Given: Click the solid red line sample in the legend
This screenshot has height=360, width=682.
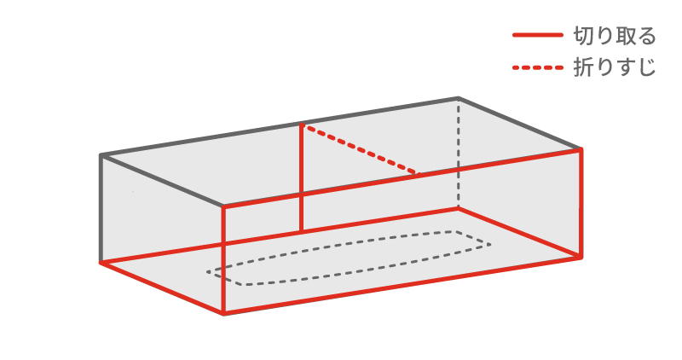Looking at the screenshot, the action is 538,35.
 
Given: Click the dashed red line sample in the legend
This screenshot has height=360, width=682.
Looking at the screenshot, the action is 538,67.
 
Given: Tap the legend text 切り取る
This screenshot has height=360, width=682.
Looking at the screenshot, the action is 615,36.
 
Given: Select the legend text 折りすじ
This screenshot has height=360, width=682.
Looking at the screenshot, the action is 615,67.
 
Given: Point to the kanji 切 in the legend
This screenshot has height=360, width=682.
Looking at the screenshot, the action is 583,36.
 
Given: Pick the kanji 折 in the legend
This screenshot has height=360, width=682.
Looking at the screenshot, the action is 583,67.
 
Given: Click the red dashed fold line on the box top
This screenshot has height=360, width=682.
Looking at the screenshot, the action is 360,149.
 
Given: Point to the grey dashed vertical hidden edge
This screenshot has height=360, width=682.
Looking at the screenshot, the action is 458,153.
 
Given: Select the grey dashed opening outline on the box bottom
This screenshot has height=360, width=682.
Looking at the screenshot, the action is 349,258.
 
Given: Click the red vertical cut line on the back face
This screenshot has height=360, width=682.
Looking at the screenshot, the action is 301,177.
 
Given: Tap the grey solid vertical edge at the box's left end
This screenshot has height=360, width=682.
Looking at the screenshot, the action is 101,209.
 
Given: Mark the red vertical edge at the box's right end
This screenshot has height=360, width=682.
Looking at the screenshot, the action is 581,203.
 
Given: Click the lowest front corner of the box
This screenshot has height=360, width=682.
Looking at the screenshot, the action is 223,313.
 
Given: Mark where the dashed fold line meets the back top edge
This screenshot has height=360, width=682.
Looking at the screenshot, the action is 301,125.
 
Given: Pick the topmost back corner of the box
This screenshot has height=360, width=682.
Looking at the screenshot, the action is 458,98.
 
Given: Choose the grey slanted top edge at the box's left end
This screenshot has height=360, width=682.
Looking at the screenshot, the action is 162,180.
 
